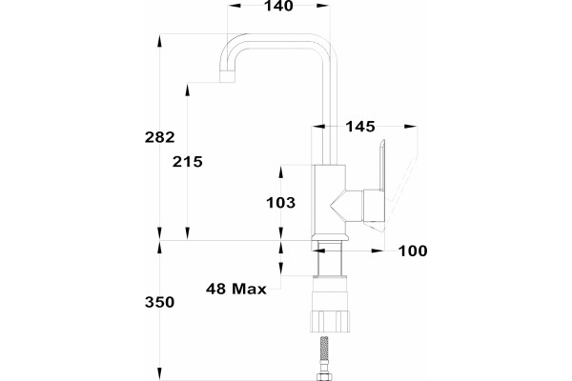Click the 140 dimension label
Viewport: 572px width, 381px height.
click(x=278, y=6)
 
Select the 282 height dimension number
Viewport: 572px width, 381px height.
click(x=160, y=137)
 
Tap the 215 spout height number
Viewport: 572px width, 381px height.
click(x=188, y=162)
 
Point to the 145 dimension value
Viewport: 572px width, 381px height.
click(x=360, y=127)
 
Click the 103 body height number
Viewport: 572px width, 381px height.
click(x=281, y=203)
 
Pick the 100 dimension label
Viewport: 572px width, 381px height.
click(x=413, y=251)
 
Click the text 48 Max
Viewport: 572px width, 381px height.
click(x=236, y=290)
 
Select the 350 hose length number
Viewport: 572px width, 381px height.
click(x=160, y=302)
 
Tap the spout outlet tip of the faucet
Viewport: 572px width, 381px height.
click(x=227, y=76)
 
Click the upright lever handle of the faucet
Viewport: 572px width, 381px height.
click(x=382, y=166)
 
